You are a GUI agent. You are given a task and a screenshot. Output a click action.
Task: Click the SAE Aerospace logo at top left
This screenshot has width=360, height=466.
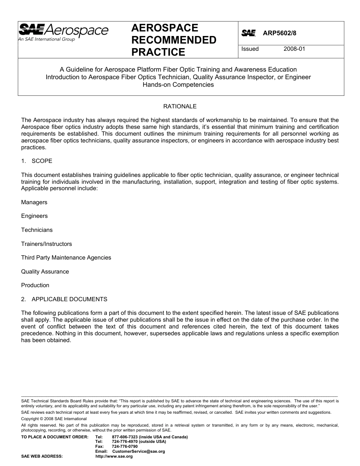coord(63,31)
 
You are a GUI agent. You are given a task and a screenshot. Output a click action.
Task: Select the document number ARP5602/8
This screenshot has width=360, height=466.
coord(279,33)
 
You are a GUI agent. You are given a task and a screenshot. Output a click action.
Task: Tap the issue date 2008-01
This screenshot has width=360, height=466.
coord(294,49)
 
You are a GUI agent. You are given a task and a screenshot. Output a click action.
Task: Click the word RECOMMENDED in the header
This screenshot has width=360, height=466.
coord(174,40)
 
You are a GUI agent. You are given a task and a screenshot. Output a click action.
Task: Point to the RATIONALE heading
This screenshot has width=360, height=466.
coord(180,106)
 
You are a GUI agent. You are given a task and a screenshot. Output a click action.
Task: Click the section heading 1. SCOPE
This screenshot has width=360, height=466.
coord(37,161)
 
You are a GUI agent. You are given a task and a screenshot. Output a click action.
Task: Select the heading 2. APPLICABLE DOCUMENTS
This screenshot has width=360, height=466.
coord(64,299)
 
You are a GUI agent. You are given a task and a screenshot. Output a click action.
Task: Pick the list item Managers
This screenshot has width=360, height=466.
coord(34,202)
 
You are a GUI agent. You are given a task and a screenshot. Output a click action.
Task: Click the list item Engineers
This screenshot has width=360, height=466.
coord(34,216)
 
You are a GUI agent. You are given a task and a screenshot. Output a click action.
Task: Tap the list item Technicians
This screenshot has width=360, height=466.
coord(37,230)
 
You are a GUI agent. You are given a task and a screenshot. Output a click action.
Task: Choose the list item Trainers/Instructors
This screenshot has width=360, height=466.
coord(46,244)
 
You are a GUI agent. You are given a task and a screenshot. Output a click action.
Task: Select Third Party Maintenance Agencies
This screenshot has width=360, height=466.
coord(66,258)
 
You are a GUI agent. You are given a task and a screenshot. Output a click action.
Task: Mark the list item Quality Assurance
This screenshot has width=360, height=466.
coord(45,272)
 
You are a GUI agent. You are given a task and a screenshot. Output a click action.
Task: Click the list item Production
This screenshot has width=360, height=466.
coord(35,285)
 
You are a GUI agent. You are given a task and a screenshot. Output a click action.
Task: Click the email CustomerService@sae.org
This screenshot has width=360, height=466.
coord(138,452)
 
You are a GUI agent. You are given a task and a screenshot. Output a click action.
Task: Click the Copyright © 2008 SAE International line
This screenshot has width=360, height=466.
coord(54,419)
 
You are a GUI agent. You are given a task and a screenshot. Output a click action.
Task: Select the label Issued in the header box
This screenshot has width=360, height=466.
coord(250,49)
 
